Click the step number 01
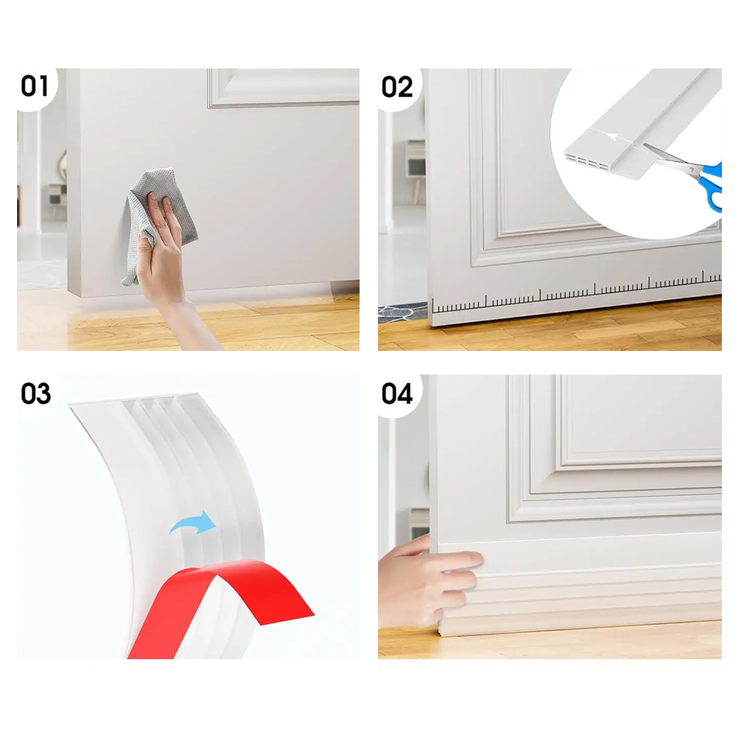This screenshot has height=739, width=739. tap(34, 87)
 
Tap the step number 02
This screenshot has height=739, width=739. tap(397, 87)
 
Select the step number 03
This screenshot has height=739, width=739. tap(36, 393)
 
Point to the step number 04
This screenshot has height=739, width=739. tap(397, 393)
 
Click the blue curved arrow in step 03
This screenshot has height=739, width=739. tap(193, 523)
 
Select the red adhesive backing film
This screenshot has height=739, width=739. tap(222, 599)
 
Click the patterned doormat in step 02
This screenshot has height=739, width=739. tap(403, 313)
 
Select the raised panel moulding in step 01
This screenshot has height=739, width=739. tap(283, 88)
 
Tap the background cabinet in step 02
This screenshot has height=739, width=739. tap(416, 160)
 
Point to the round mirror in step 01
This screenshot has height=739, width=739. tap(62, 165)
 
